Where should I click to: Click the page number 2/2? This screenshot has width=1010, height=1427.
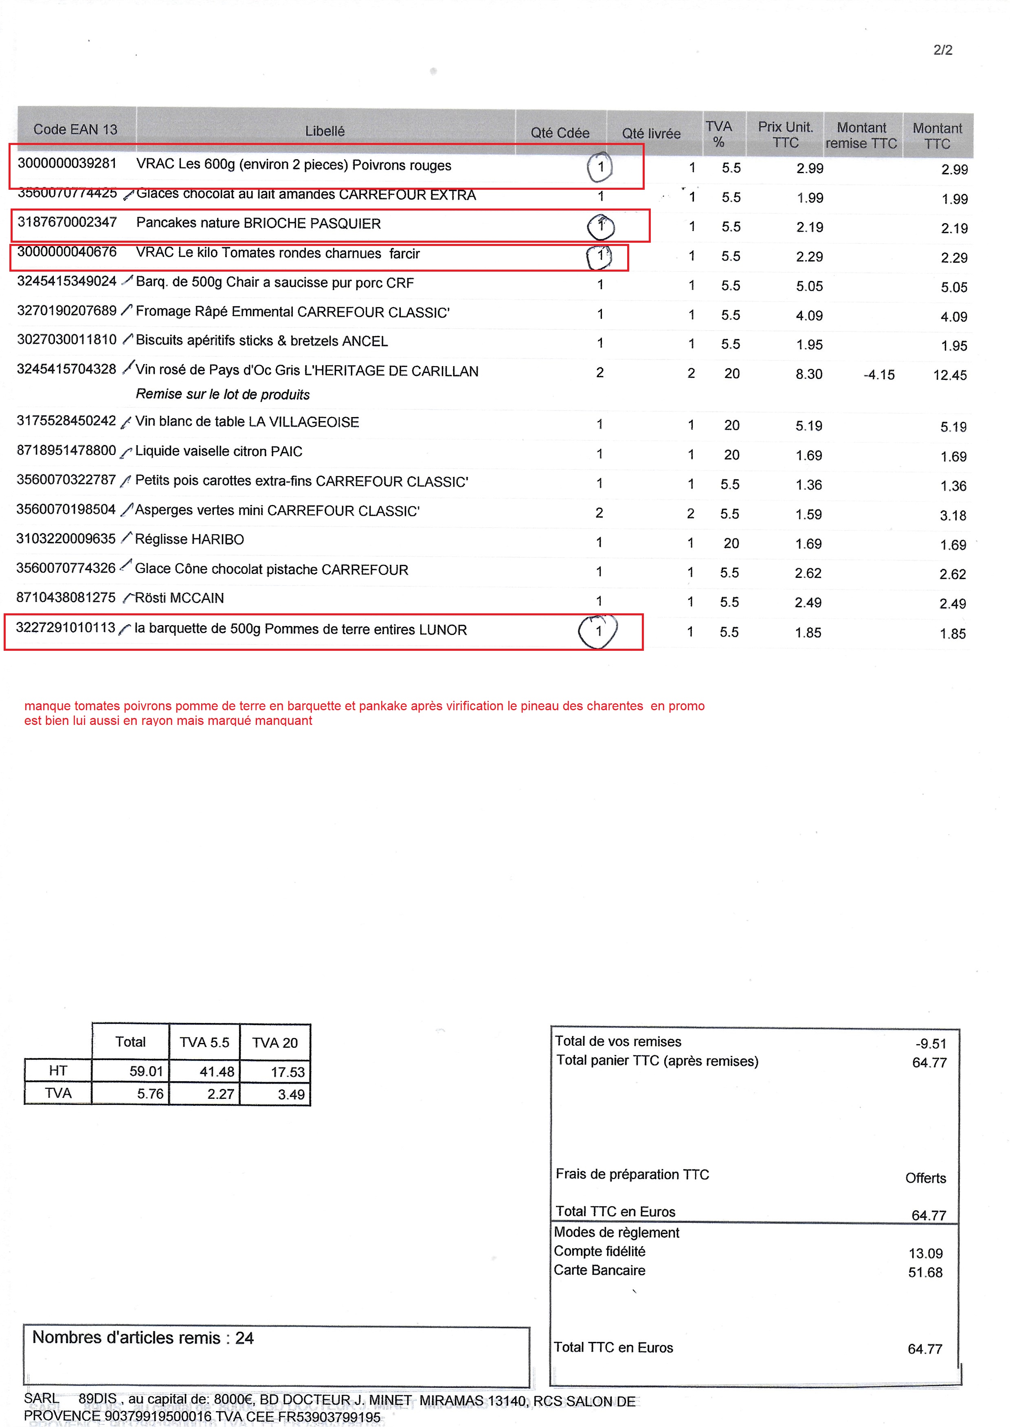pos(942,50)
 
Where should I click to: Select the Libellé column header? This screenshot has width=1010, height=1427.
pos(325,131)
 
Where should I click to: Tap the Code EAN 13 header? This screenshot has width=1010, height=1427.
pos(75,130)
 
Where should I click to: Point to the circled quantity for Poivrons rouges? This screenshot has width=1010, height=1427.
pos(600,167)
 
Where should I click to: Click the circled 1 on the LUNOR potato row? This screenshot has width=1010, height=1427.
pos(598,631)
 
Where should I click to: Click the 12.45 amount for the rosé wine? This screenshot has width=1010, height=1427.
pos(950,375)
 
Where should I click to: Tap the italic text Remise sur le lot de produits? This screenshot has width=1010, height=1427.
pos(223,394)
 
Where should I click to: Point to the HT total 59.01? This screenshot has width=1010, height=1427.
pos(146,1071)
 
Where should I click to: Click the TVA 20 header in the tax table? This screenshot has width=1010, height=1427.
pos(275,1043)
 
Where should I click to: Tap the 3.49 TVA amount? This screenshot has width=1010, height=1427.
pos(291,1094)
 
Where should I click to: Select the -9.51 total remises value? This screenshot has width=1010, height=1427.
pos(931,1043)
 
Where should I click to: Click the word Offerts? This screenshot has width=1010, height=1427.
pos(925,1178)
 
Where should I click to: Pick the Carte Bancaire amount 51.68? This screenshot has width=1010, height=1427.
pos(925,1272)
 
